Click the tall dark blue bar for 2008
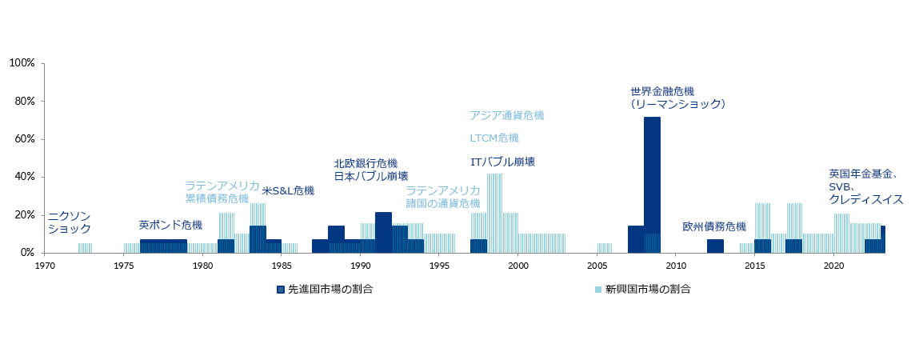pyautogui.click(x=652, y=184)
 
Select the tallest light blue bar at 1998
pyautogui.click(x=494, y=213)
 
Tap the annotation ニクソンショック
pyautogui.click(x=70, y=222)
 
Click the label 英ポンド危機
pyautogui.click(x=170, y=225)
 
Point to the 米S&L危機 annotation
pyautogui.click(x=288, y=191)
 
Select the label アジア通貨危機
pyautogui.click(x=506, y=115)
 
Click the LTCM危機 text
pyautogui.click(x=494, y=138)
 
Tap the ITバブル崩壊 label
pyautogui.click(x=502, y=162)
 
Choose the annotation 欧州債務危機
pyautogui.click(x=714, y=226)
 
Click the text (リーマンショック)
pyautogui.click(x=677, y=104)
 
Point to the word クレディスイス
pyautogui.click(x=866, y=199)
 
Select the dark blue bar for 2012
pyautogui.click(x=715, y=246)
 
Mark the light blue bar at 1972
pyautogui.click(x=85, y=248)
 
